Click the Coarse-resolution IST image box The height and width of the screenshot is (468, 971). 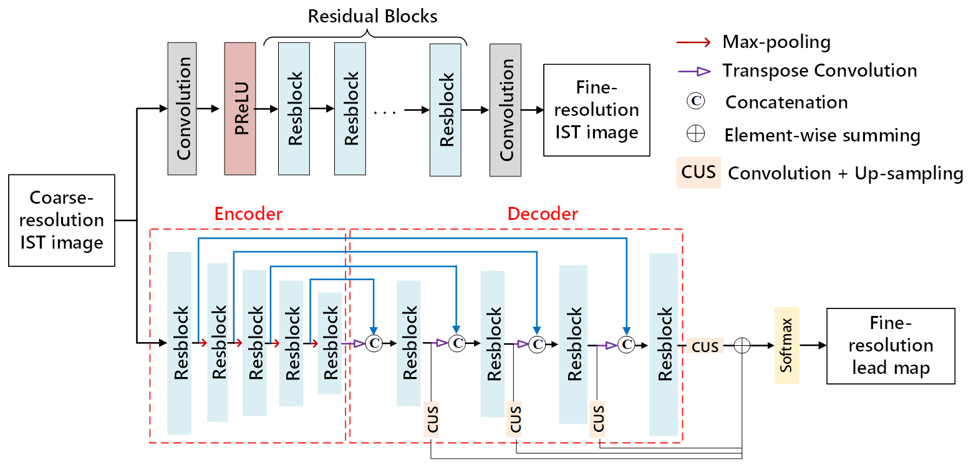click(x=62, y=220)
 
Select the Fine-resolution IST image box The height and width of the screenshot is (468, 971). click(x=596, y=110)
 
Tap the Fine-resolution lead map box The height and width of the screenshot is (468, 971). click(x=890, y=345)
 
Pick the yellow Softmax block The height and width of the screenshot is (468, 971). click(x=786, y=345)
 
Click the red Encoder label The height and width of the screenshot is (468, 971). click(x=248, y=214)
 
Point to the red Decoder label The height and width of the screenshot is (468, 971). click(x=543, y=214)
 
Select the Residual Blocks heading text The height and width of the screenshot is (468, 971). click(x=373, y=16)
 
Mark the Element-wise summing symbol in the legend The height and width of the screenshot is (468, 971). click(x=693, y=135)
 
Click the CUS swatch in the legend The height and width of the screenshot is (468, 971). click(x=698, y=173)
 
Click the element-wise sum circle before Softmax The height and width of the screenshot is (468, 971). click(x=742, y=345)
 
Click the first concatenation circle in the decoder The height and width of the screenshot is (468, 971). click(x=374, y=343)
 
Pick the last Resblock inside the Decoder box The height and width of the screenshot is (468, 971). click(x=663, y=344)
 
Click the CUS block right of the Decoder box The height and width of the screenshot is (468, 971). click(x=705, y=346)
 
